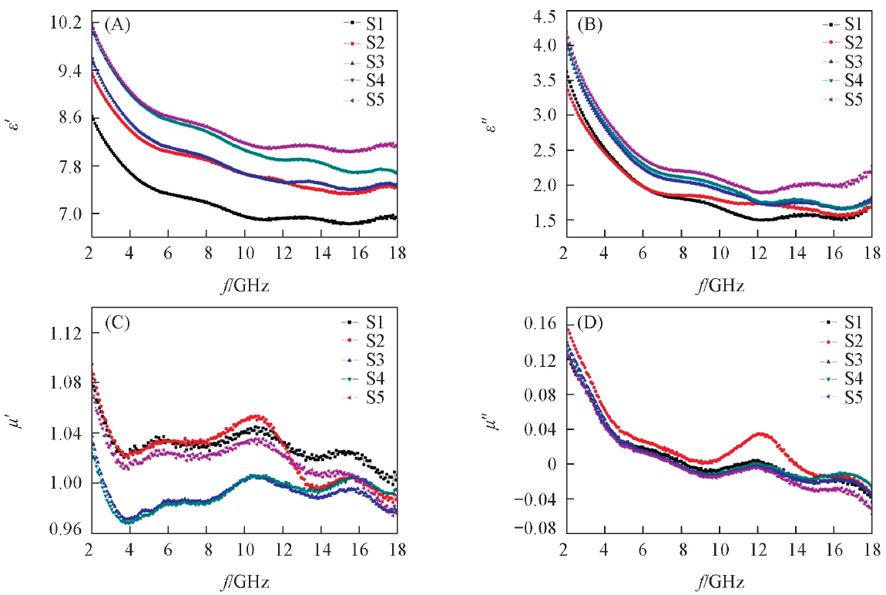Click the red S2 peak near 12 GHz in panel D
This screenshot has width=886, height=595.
pyautogui.click(x=760, y=434)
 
